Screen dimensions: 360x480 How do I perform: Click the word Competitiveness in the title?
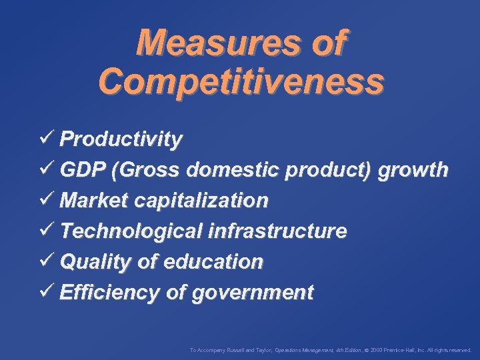(x=241, y=81)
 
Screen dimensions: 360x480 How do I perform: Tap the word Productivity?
(x=121, y=139)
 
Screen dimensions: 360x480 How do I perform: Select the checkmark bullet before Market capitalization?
(x=46, y=199)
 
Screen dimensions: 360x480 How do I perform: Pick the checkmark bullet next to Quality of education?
(x=46, y=261)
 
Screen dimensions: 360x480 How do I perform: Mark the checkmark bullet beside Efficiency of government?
(x=46, y=291)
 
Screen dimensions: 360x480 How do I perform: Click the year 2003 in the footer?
(x=376, y=349)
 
